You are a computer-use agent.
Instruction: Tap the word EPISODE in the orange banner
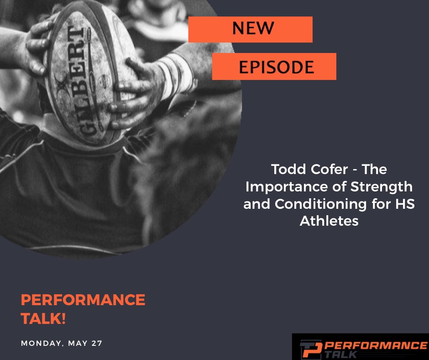277,67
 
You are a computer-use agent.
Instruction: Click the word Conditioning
317,204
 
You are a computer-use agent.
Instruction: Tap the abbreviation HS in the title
404,204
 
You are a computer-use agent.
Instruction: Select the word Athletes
329,221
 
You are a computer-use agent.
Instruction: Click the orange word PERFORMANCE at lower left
83,300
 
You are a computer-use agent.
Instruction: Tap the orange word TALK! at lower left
44,319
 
